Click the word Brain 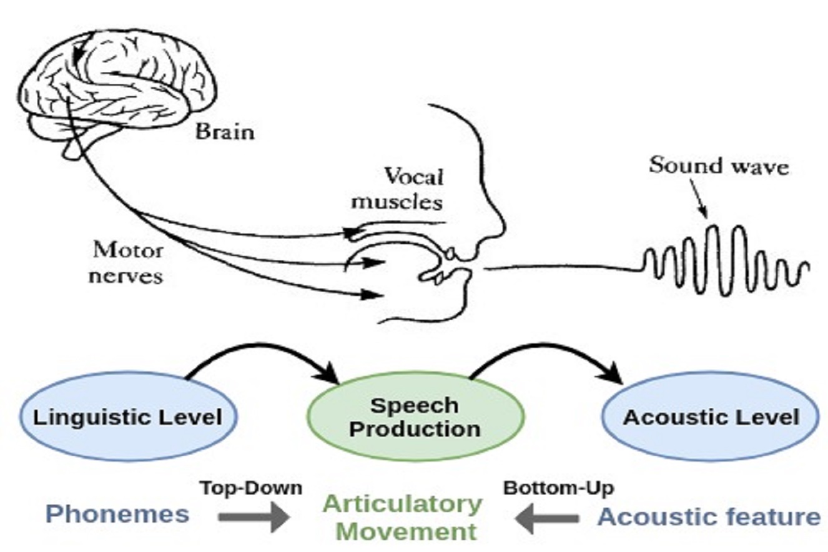(225, 132)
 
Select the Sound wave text (718, 166)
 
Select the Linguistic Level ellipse (127, 416)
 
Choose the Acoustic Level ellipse (710, 416)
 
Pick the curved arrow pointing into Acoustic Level (550, 353)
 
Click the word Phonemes (118, 515)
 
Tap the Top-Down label (251, 488)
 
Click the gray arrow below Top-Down (253, 518)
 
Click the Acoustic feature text (709, 517)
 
